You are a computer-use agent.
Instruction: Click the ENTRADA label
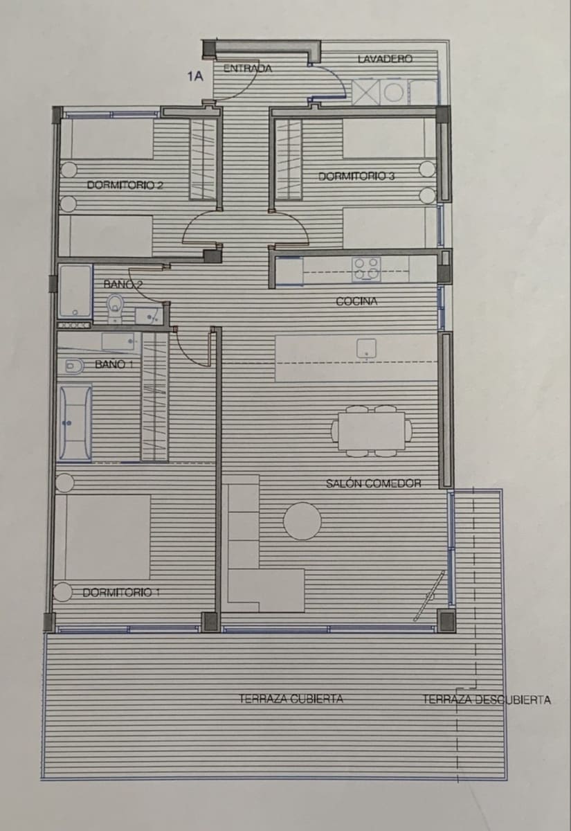247,69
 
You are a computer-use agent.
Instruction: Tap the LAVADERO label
385,59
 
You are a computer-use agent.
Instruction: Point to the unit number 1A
195,77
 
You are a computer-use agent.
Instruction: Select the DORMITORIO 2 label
125,185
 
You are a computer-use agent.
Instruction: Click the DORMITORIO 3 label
356,176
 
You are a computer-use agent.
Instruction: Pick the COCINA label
356,301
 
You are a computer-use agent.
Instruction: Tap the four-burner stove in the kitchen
366,269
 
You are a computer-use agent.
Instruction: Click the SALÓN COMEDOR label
373,483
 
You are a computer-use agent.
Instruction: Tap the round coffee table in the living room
302,521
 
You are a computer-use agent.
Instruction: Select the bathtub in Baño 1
74,422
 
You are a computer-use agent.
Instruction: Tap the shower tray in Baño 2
75,291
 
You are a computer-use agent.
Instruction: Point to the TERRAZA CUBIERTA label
291,699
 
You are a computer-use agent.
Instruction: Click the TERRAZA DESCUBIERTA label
487,699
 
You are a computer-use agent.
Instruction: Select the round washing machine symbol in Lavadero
394,91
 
